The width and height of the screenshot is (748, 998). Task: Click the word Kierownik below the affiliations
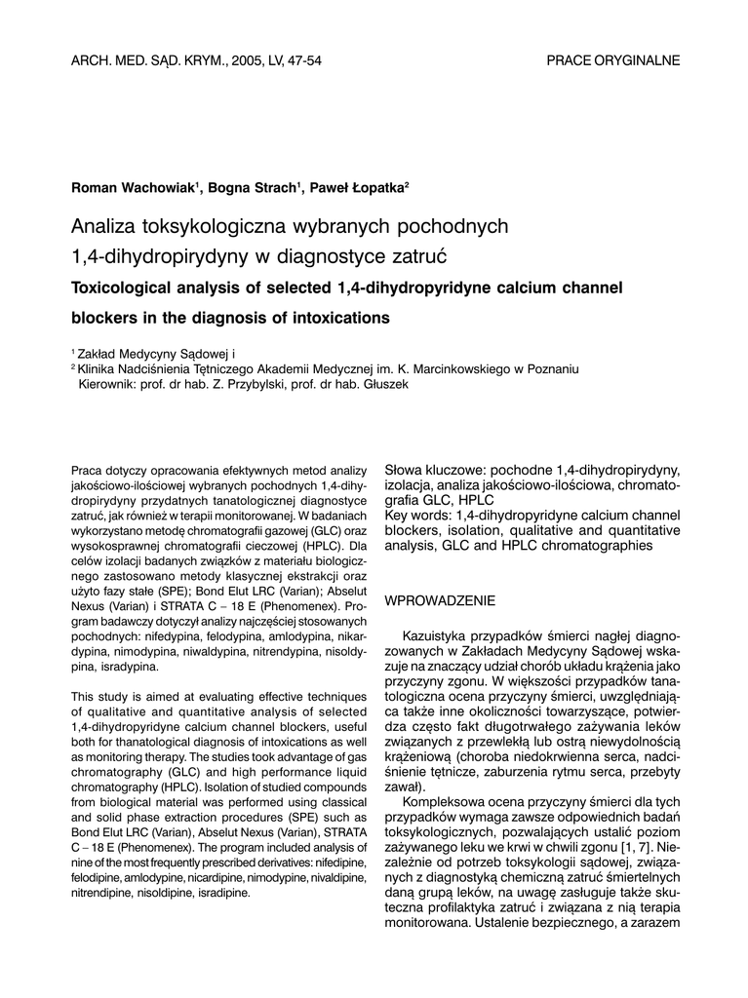[108, 385]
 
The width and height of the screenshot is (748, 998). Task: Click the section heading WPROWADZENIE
[441, 600]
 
